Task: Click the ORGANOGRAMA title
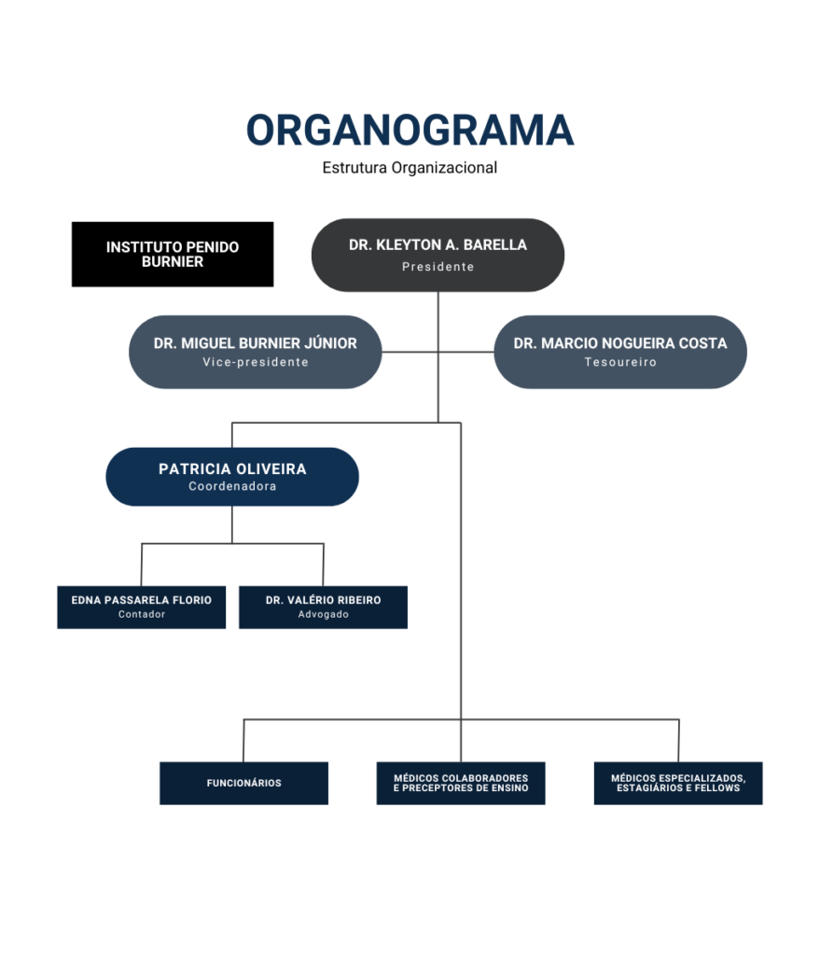coord(410,131)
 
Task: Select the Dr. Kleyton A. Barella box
coord(438,255)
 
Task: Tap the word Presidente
coord(438,267)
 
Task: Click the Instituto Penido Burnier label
coord(173,255)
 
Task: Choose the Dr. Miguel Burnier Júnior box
coord(255,352)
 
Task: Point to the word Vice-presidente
coord(255,362)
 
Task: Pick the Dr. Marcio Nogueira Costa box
coord(619,352)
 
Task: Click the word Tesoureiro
coord(619,362)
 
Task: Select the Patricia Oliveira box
coord(232,476)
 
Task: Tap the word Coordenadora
coord(232,486)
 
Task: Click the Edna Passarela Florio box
coord(141,606)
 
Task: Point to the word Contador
coord(141,615)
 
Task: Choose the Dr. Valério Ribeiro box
coord(323,606)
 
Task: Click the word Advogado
coord(323,615)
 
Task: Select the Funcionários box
coord(243,783)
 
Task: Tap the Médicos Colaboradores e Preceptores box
coord(461,783)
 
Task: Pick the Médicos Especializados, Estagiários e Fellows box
coord(678,783)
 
